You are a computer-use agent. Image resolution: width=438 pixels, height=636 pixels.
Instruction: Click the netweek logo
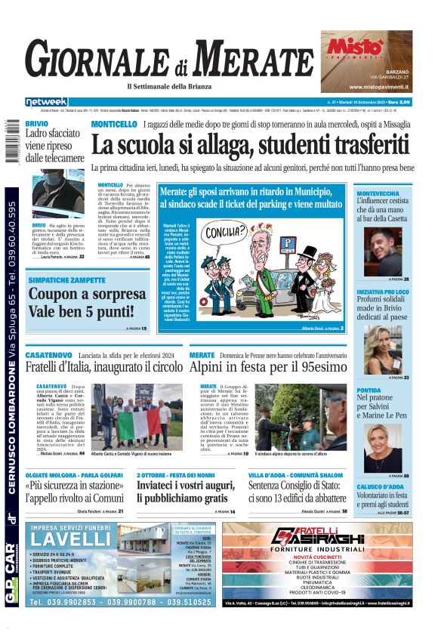coord(47,102)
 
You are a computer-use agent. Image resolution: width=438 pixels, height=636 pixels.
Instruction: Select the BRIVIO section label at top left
coord(37,122)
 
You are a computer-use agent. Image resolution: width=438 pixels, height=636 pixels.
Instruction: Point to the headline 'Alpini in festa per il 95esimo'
coord(267,368)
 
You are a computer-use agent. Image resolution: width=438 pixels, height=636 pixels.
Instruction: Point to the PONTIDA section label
coord(369,391)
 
